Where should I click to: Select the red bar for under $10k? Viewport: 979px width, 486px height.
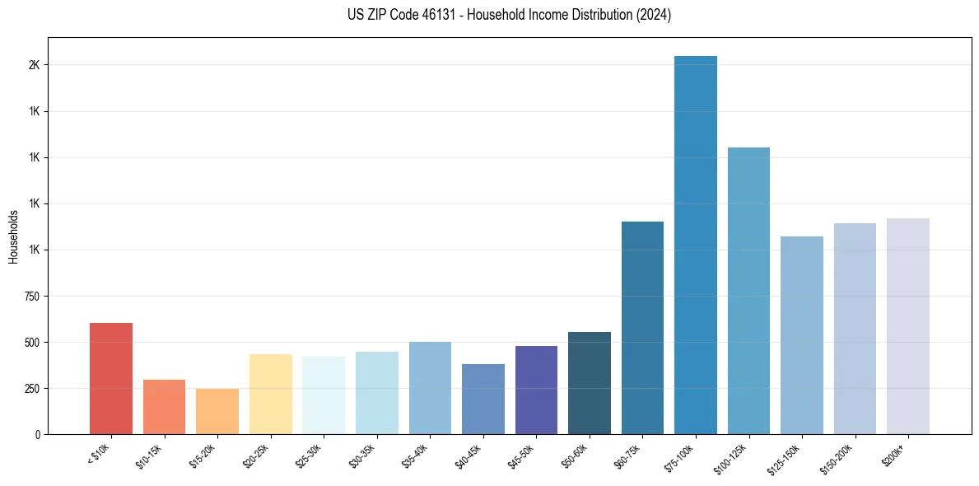click(111, 378)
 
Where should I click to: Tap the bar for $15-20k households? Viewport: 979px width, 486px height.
click(217, 411)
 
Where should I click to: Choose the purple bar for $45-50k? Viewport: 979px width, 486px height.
click(536, 390)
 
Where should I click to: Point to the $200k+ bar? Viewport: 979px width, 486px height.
click(908, 325)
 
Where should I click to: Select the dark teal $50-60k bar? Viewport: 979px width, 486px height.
click(590, 383)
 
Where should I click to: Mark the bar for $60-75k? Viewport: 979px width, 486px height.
click(642, 327)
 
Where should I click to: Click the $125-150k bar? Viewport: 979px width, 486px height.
click(802, 334)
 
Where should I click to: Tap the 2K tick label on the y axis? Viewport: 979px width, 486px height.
click(33, 65)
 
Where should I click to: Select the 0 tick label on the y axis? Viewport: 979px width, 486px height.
click(36, 434)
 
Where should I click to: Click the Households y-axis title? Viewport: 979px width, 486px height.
click(13, 236)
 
